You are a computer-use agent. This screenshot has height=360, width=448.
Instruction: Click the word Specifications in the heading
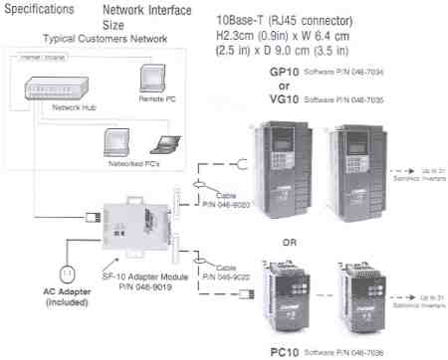pos(39,10)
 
